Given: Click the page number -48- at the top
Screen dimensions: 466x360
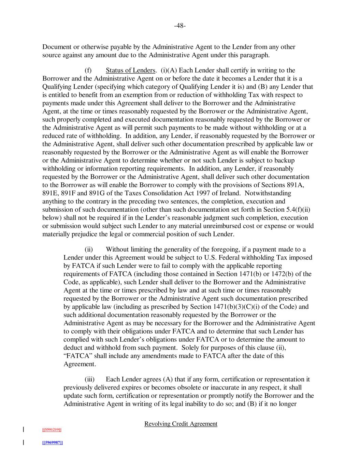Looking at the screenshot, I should [x=180, y=26].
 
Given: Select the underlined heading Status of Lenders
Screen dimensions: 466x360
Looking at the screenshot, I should [x=131, y=70].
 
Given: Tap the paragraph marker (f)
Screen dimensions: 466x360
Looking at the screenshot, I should [x=88, y=70].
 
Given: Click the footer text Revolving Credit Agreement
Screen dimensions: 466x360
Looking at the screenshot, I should [x=181, y=424].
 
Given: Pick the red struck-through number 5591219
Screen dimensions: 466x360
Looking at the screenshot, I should [x=52, y=429].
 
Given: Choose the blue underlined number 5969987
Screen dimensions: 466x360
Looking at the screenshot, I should [x=53, y=443].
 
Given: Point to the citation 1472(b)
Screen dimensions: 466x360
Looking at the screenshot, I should [x=289, y=274].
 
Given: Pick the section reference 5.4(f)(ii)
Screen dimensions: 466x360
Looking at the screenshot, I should [x=297, y=210].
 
